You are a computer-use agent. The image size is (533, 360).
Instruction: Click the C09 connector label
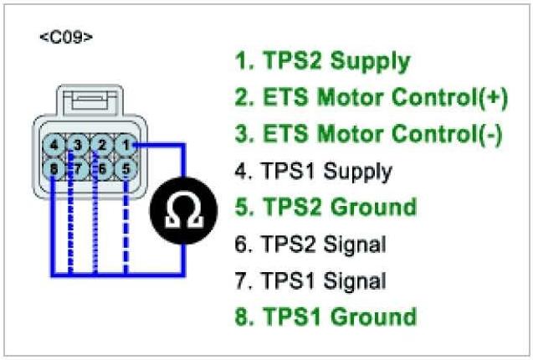[x=66, y=38]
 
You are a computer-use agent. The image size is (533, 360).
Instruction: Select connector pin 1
[x=126, y=144]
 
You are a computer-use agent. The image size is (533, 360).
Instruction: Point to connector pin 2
[x=102, y=144]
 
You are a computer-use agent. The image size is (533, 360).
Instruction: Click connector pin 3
[x=78, y=144]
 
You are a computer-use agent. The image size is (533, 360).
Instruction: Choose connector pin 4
[x=54, y=144]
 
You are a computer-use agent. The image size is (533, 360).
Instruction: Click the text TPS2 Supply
[x=322, y=62]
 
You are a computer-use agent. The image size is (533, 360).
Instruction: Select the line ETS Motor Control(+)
[x=371, y=98]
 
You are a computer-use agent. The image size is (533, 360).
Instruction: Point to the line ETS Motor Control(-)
[x=368, y=135]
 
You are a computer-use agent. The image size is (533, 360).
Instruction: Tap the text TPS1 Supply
[x=313, y=172]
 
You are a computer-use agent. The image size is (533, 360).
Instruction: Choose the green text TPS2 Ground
[x=325, y=208]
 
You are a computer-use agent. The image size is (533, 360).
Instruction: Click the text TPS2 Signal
[x=310, y=244]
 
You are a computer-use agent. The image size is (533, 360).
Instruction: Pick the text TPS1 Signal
[x=310, y=280]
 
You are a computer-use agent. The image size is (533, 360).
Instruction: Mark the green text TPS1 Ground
[x=325, y=317]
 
